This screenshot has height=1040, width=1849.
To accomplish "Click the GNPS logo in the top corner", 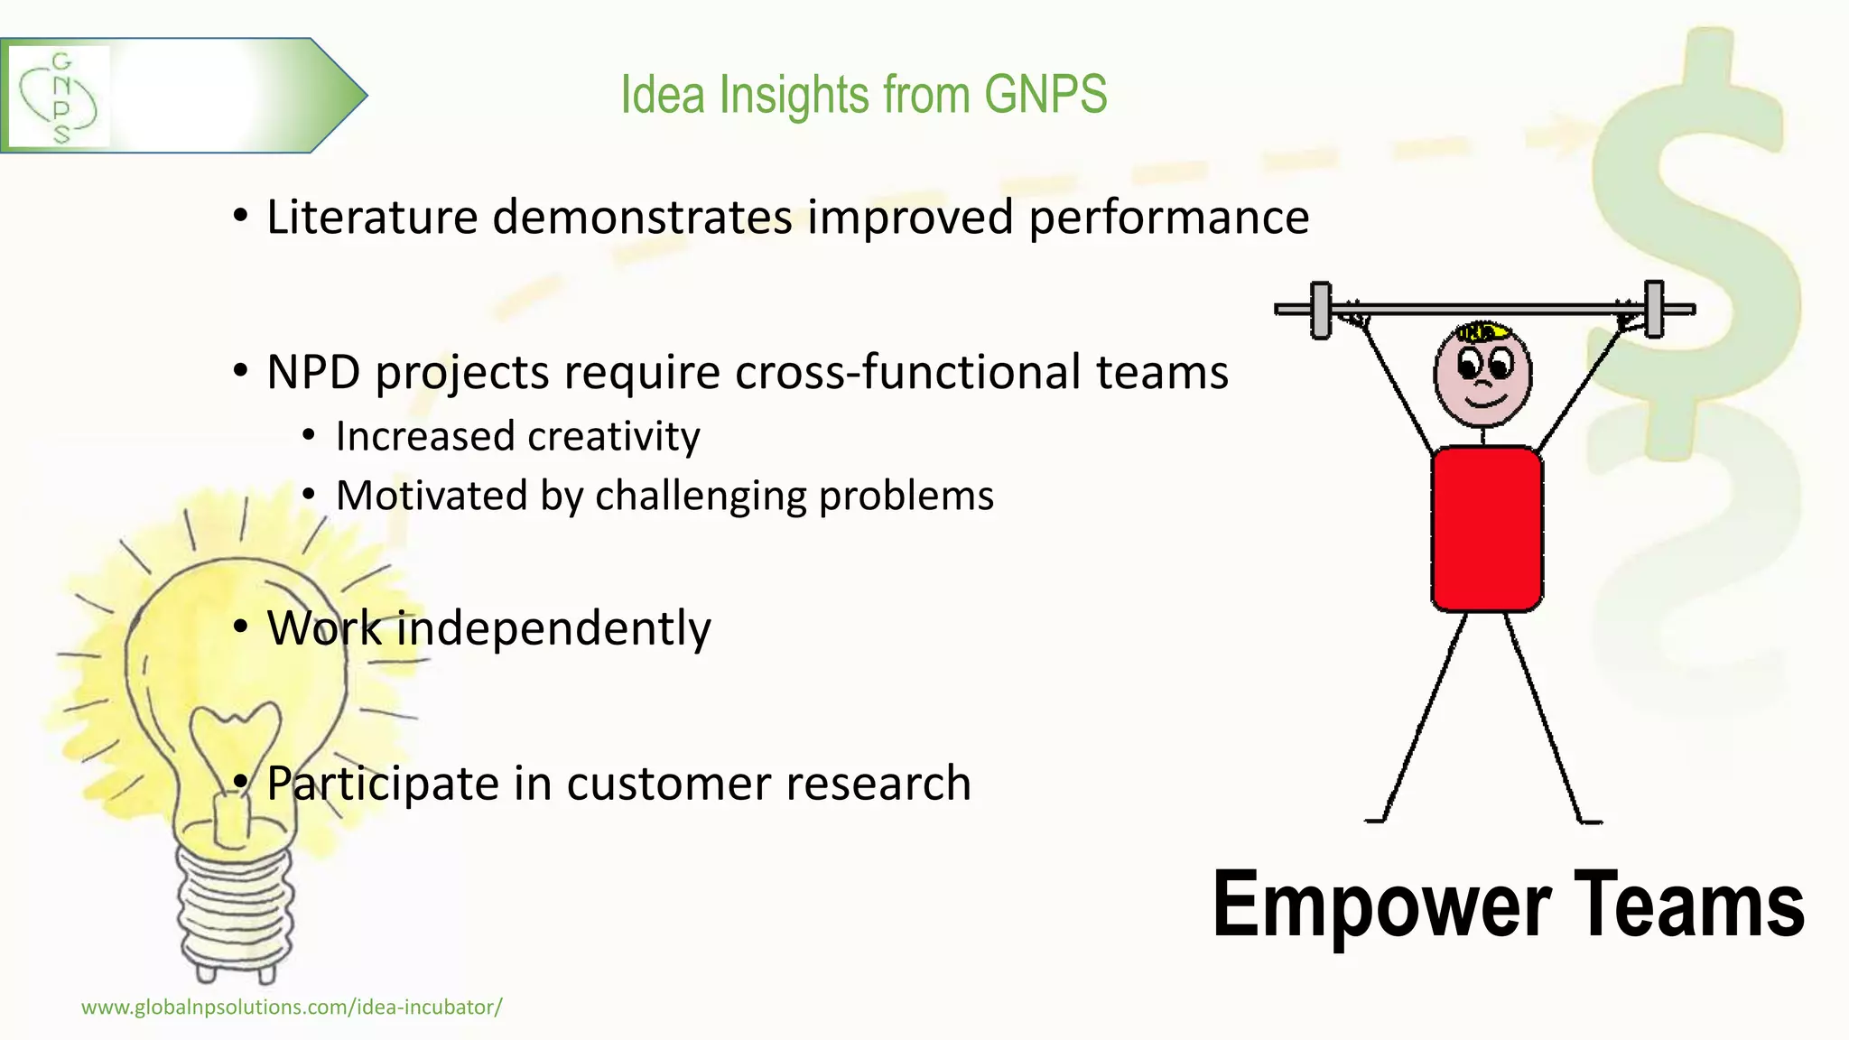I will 59,97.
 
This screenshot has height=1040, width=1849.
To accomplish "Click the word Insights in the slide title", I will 794,95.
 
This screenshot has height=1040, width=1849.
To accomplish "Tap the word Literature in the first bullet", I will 371,218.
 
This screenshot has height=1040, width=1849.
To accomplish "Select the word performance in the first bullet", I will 1168,218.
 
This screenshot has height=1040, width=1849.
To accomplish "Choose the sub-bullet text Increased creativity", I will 517,437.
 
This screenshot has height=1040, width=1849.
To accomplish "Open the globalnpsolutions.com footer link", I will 292,1007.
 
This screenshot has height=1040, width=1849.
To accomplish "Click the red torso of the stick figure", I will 1486,528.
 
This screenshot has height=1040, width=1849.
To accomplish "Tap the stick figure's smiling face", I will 1482,375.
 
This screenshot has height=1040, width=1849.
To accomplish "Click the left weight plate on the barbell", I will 1320,310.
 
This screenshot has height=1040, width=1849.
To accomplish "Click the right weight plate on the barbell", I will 1653,309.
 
